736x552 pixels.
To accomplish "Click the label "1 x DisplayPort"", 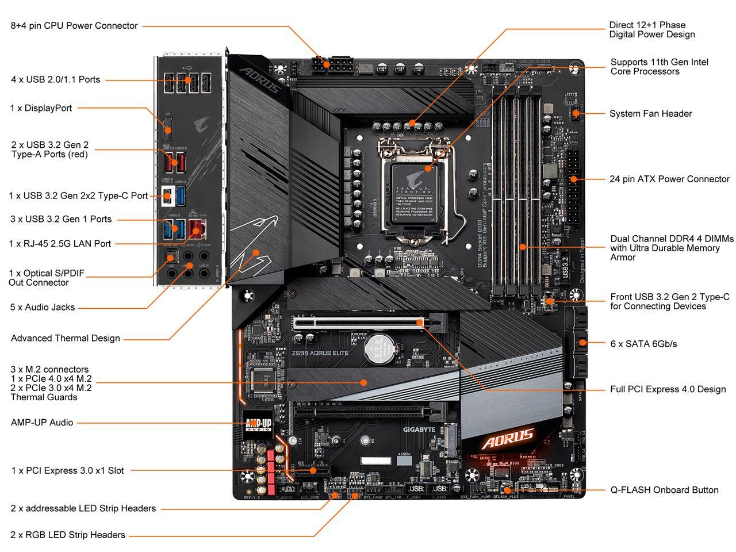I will (41, 108).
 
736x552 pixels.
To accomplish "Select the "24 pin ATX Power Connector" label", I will (669, 179).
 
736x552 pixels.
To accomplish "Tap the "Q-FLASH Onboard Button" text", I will (664, 490).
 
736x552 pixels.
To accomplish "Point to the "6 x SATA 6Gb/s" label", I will (643, 344).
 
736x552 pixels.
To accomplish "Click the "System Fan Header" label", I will (650, 113).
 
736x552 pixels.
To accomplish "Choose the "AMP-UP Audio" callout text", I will (42, 422).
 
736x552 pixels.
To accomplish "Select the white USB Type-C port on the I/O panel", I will (167, 195).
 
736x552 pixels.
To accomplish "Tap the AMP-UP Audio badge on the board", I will (258, 424).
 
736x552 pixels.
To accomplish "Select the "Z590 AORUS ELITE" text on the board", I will (320, 352).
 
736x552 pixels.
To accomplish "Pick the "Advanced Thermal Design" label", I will (66, 338).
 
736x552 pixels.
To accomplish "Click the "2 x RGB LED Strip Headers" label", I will (68, 535).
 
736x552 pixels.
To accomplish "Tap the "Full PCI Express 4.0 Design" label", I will (668, 389).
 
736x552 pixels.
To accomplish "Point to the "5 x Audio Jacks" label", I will (42, 307).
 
